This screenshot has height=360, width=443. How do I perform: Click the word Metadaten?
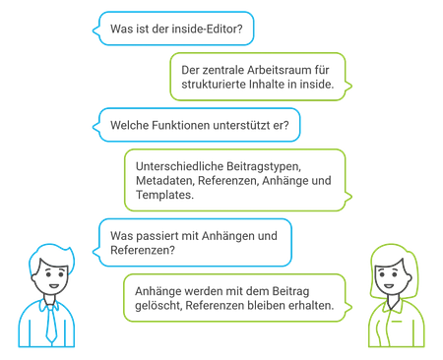click(165, 181)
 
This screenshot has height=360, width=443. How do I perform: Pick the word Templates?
click(164, 195)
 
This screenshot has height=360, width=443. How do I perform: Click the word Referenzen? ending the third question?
click(143, 250)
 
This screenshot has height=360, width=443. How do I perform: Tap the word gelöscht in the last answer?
click(158, 306)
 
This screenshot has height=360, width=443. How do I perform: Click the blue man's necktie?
click(51, 324)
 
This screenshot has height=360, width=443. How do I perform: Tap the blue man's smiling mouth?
click(54, 286)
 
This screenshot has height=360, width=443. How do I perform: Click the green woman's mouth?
click(389, 286)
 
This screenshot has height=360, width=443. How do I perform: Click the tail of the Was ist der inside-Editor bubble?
click(96, 30)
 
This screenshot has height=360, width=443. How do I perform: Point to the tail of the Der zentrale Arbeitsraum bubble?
click(348, 86)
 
